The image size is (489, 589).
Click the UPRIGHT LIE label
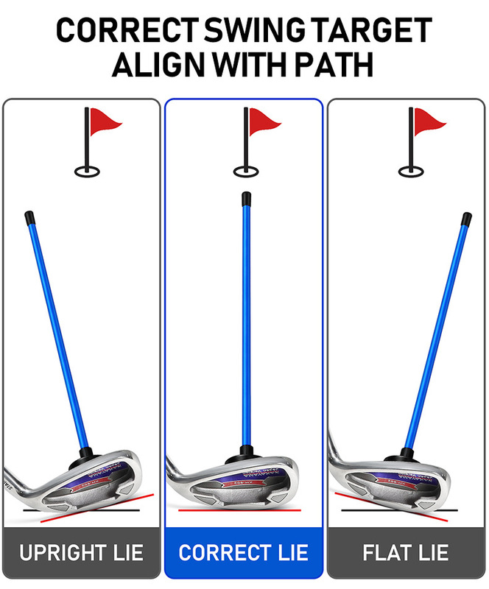coord(81,552)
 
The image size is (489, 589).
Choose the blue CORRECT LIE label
coord(244,552)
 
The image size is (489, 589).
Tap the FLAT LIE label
coord(406,552)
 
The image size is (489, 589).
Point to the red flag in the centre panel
coord(264,120)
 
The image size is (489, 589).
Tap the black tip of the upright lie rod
coord(29,218)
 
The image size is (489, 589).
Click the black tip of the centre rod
coord(244,198)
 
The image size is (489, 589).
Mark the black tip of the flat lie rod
coord(467,219)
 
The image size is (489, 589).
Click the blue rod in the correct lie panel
coord(244,324)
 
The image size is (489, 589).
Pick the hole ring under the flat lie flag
coord(409,172)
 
